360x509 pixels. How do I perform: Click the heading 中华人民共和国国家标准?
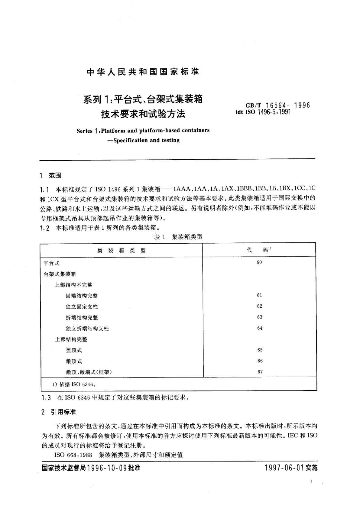[x=143, y=72]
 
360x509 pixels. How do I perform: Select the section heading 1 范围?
[x=51, y=176]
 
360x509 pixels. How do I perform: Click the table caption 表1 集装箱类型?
[x=178, y=237]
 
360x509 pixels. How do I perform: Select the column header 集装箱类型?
[x=122, y=250]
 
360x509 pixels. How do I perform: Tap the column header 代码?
[x=259, y=250]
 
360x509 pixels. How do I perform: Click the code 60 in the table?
[x=259, y=262]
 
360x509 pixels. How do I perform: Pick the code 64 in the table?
[x=260, y=328]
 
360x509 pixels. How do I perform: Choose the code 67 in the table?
[x=260, y=372]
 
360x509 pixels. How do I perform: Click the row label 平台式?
[x=52, y=263]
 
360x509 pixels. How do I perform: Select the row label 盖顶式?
[x=74, y=350]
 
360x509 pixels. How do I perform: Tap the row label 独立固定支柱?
[x=82, y=307]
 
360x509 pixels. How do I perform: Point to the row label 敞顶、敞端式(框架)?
[x=89, y=372]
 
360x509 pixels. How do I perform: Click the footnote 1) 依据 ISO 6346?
[x=74, y=384]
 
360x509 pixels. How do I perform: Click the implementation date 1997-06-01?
[x=284, y=468]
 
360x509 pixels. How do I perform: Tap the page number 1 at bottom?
[x=311, y=482]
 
